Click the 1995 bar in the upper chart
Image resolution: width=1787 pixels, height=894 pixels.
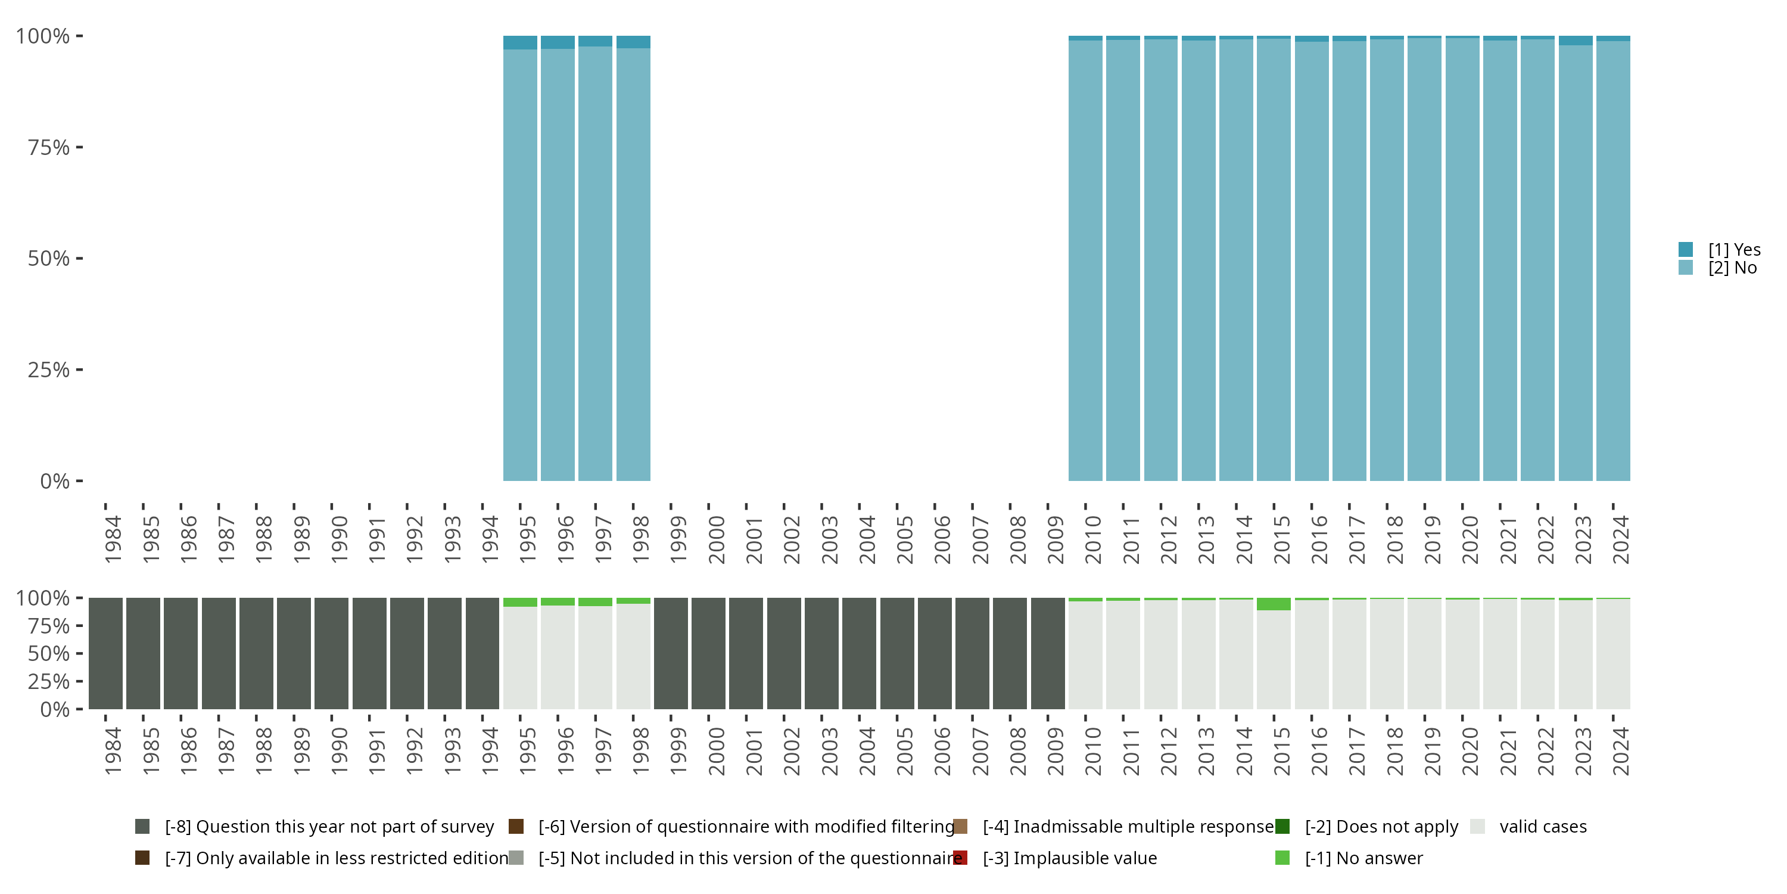519,264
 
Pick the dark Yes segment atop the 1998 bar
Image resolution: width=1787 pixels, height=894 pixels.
633,42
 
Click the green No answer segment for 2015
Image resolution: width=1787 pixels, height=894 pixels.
1274,604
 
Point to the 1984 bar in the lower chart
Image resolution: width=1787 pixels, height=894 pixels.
105,653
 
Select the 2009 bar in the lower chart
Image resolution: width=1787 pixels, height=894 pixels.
1048,653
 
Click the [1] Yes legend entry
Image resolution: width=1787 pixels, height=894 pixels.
1733,249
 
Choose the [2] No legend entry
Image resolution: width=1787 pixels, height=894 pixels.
1732,268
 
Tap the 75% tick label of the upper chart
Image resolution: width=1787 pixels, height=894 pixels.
49,147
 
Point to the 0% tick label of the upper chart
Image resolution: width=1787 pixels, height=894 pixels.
55,481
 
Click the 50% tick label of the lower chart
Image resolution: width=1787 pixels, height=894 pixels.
49,654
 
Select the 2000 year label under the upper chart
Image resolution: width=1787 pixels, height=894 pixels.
716,539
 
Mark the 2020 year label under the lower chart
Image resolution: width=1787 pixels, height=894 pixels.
1470,751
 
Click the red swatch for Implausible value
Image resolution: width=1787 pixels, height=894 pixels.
961,858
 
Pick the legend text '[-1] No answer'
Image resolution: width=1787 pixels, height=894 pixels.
1363,858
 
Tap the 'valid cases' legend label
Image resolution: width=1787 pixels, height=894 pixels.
1543,827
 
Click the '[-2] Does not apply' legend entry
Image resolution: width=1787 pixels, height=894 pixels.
1381,827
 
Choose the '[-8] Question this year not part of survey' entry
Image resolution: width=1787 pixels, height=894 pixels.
329,827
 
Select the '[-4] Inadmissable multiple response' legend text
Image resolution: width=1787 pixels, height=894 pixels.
1128,827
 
